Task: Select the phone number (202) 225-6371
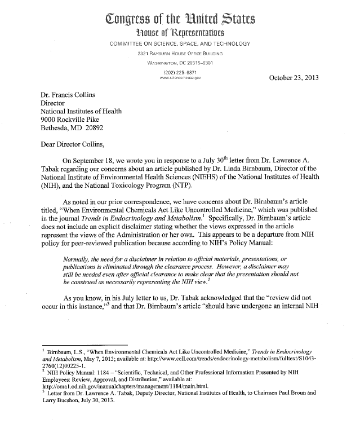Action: [x=179, y=73]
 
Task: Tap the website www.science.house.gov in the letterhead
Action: [x=179, y=79]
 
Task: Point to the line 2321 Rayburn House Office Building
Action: [x=179, y=54]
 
